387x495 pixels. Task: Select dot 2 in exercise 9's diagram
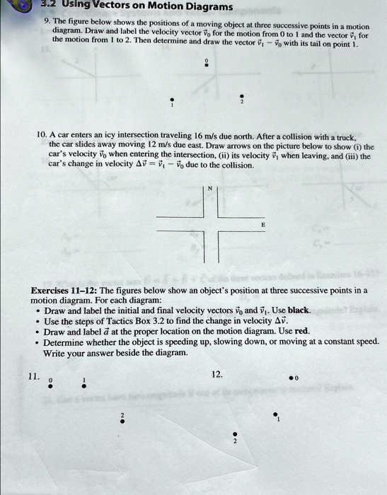(241, 96)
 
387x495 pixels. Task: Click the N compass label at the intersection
(210, 188)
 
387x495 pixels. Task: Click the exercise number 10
(40, 133)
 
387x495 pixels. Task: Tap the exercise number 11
(32, 377)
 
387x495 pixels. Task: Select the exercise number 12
(216, 373)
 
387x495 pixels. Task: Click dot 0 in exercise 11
(50, 386)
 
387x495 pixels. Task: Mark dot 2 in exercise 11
(122, 421)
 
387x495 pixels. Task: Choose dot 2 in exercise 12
(236, 435)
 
